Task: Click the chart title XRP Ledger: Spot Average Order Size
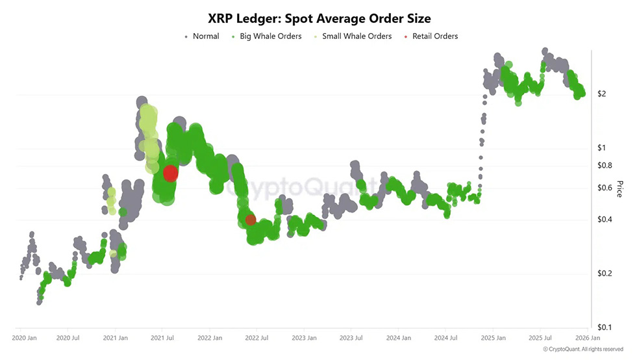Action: pyautogui.click(x=319, y=18)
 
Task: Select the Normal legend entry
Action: pyautogui.click(x=205, y=36)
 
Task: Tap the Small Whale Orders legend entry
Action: pyautogui.click(x=357, y=36)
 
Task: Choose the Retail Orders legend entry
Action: pyautogui.click(x=434, y=36)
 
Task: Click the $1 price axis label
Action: pyautogui.click(x=601, y=148)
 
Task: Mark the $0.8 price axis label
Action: pyautogui.click(x=604, y=166)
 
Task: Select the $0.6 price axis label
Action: pyautogui.click(x=604, y=188)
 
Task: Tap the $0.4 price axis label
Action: pyautogui.click(x=604, y=220)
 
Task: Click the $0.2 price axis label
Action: pyautogui.click(x=604, y=274)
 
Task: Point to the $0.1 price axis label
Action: pyautogui.click(x=604, y=328)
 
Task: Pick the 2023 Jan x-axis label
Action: pyautogui.click(x=304, y=339)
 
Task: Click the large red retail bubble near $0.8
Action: pyautogui.click(x=170, y=173)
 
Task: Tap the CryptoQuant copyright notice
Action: pyautogui.click(x=583, y=350)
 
